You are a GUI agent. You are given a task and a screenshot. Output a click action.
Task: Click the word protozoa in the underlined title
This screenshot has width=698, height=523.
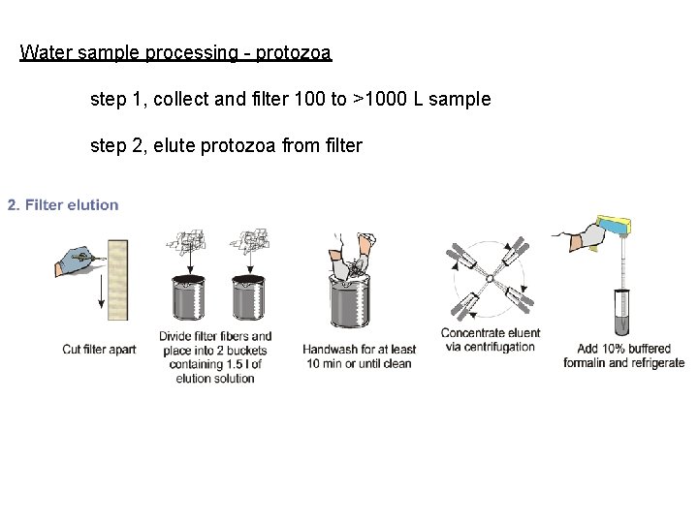pyautogui.click(x=295, y=52)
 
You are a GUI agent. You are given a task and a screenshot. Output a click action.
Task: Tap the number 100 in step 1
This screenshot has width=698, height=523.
pyautogui.click(x=310, y=99)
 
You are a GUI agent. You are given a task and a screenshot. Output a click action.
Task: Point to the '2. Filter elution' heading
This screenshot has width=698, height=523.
pyautogui.click(x=63, y=204)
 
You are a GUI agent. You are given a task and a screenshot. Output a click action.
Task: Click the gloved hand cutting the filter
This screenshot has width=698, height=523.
pyautogui.click(x=75, y=260)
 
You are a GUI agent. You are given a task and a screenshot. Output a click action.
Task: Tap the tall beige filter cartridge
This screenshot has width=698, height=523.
pyautogui.click(x=118, y=281)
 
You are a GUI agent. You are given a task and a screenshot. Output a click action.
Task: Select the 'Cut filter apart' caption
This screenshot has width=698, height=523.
pyautogui.click(x=99, y=349)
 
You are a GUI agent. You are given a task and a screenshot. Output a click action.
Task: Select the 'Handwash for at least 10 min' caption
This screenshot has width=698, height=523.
pyautogui.click(x=358, y=356)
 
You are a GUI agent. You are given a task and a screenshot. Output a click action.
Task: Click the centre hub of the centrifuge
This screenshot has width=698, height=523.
pyautogui.click(x=490, y=280)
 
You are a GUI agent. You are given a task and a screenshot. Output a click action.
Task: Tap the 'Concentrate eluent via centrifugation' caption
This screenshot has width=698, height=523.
pyautogui.click(x=490, y=340)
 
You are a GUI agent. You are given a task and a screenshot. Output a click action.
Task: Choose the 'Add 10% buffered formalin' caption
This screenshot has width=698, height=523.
pyautogui.click(x=623, y=355)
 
